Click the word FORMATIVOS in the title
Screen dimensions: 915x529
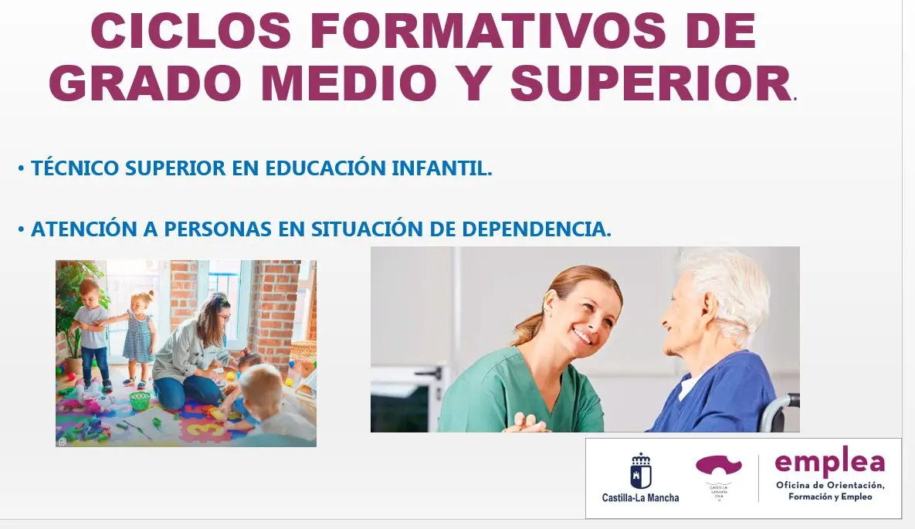tap(488, 31)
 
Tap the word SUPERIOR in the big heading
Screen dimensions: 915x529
tap(651, 83)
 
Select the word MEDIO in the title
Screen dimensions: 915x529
tap(349, 83)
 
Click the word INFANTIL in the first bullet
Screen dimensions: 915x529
tap(442, 168)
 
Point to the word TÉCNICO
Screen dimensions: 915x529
tap(75, 168)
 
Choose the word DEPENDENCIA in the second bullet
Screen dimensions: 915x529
tap(537, 229)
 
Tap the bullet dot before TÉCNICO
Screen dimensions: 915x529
tap(21, 169)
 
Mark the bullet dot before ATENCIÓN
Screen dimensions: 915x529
tap(21, 229)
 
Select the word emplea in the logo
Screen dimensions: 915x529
tap(830, 463)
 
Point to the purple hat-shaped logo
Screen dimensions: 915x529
tap(718, 466)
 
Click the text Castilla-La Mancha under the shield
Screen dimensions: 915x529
tap(641, 498)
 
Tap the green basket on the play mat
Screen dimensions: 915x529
tap(140, 401)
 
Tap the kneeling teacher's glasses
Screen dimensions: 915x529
tap(222, 317)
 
